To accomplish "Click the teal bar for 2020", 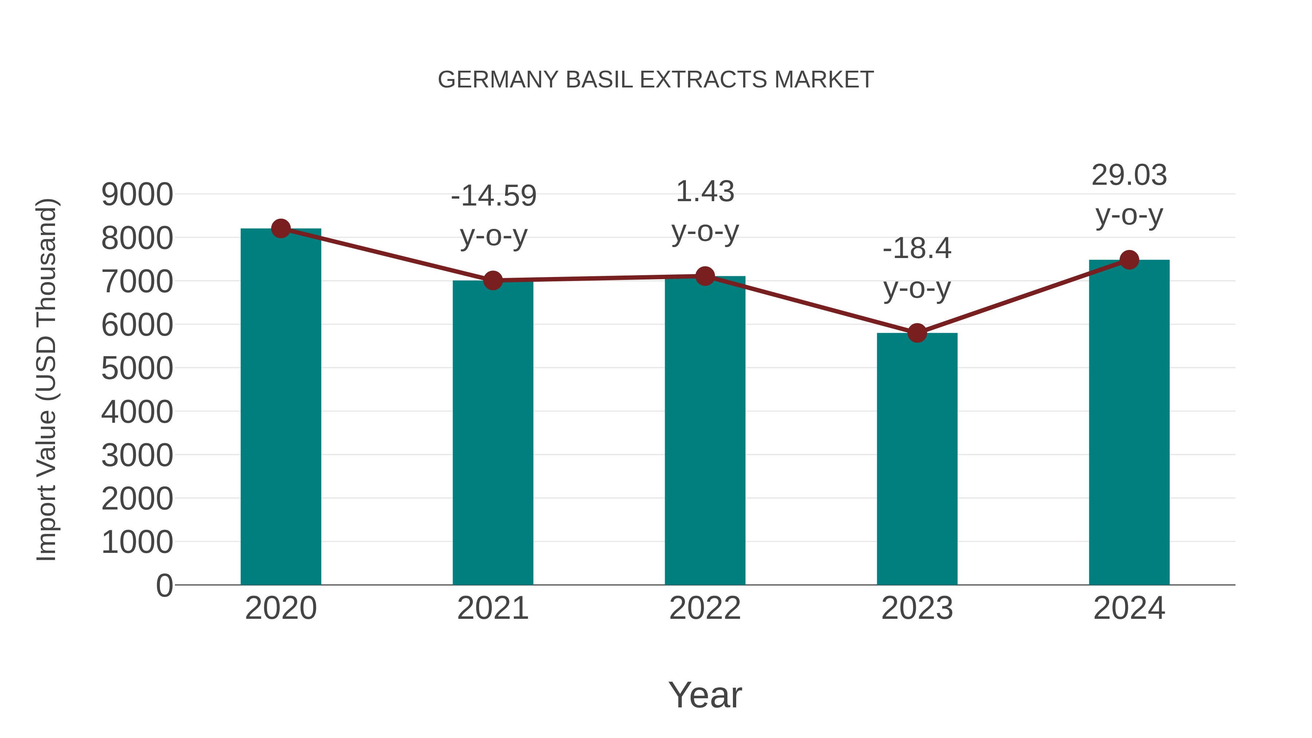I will coord(281,407).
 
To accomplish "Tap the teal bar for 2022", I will coord(705,430).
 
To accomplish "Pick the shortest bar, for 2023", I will coord(917,458).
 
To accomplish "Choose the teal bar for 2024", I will coord(1129,423).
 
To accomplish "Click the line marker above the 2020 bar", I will coord(281,229).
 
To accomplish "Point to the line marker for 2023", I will coord(917,333).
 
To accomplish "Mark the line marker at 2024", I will coord(1129,260).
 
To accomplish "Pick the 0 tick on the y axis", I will coord(164,585).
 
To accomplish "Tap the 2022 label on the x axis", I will coord(705,608).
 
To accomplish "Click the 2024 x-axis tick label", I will coord(1129,608).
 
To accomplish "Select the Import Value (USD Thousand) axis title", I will coord(47,379).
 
